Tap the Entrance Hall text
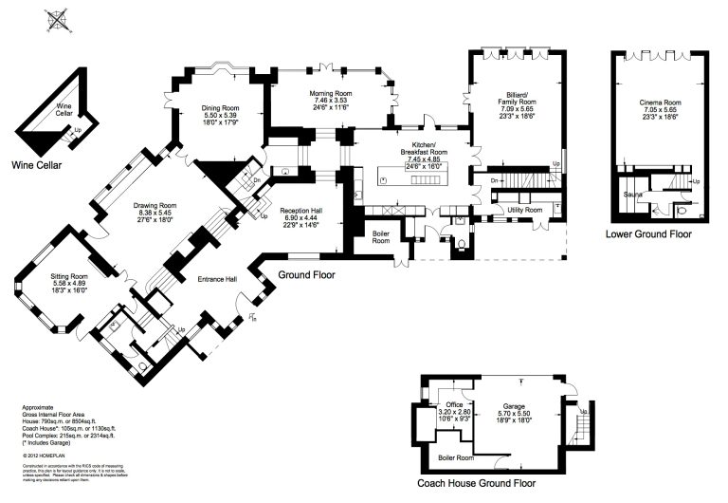pos(216,279)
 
